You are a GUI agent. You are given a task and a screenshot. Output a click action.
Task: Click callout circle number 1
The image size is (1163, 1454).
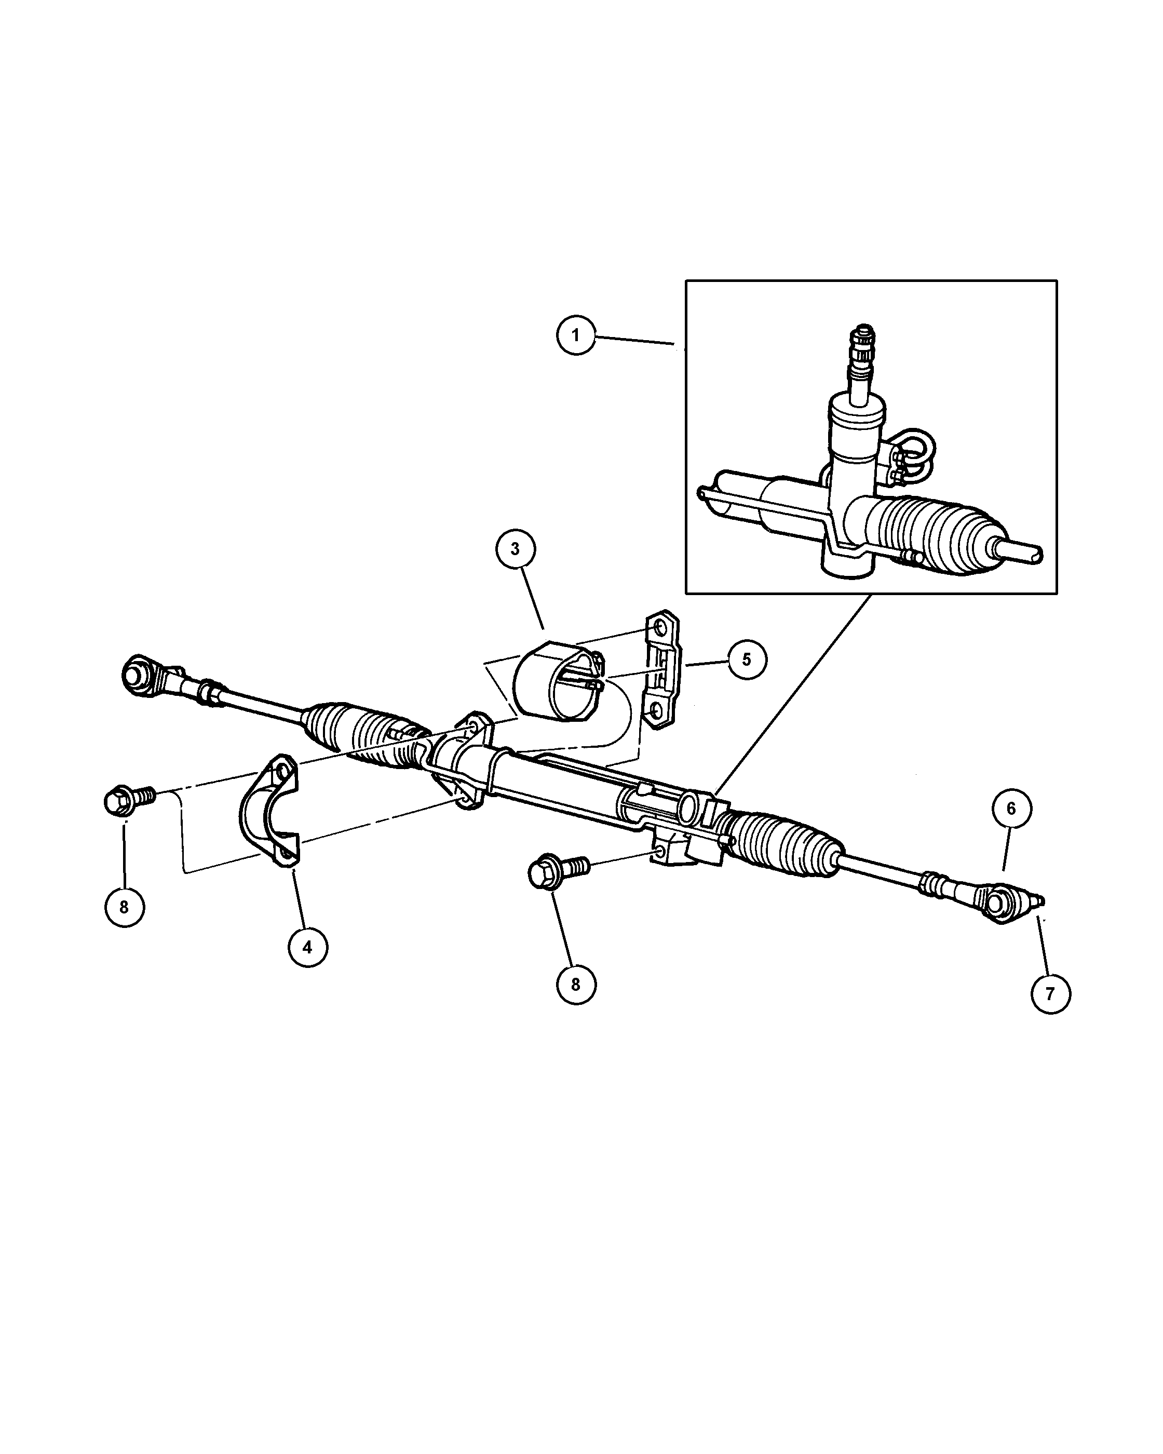(x=576, y=334)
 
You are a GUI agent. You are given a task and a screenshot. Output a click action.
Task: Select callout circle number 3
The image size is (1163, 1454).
(x=515, y=549)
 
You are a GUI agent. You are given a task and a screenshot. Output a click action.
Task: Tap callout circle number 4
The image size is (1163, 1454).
(x=307, y=948)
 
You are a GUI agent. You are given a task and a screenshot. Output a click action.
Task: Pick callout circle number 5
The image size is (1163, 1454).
(x=746, y=659)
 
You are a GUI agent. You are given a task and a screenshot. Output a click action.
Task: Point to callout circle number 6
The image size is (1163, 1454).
(x=1011, y=809)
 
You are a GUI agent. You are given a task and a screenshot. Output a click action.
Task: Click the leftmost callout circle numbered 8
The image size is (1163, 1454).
(x=125, y=907)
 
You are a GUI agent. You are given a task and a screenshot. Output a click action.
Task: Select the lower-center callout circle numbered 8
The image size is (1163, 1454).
(x=576, y=984)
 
